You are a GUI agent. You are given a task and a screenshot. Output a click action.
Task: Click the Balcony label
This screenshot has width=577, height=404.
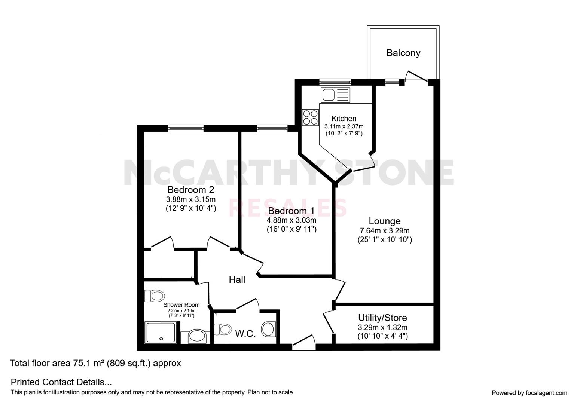[403, 53]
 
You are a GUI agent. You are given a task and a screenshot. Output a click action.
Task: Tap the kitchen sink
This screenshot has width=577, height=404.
[335, 95]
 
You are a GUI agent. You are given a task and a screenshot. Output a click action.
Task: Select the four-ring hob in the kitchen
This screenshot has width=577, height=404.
[311, 117]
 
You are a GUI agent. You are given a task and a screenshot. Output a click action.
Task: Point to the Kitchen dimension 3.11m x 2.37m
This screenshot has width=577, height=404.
[344, 126]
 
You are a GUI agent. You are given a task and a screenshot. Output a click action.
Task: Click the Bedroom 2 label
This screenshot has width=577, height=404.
[190, 190]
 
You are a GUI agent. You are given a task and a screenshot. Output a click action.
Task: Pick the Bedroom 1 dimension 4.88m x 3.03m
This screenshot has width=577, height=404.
[291, 220]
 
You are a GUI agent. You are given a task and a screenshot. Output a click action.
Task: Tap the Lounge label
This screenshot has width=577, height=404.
[385, 221]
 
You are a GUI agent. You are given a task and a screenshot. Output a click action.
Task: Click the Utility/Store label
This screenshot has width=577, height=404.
[382, 318]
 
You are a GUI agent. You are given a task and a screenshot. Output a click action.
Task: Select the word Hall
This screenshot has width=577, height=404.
[237, 280]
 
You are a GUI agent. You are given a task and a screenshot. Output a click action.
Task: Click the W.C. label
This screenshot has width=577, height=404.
[245, 334]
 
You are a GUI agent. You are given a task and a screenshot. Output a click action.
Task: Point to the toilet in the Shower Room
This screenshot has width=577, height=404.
[154, 296]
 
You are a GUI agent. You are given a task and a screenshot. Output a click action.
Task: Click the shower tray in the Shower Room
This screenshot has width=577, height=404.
[161, 332]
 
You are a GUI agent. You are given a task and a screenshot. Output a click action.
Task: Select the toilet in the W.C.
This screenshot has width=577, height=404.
[223, 329]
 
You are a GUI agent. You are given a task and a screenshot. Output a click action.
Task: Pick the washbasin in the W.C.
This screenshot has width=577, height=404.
[269, 329]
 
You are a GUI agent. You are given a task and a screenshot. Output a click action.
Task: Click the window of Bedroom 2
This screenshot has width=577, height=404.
[186, 128]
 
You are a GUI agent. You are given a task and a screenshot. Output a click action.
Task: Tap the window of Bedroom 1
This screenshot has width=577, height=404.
[272, 128]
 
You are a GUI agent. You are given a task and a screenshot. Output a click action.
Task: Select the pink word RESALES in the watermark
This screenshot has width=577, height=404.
[288, 208]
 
